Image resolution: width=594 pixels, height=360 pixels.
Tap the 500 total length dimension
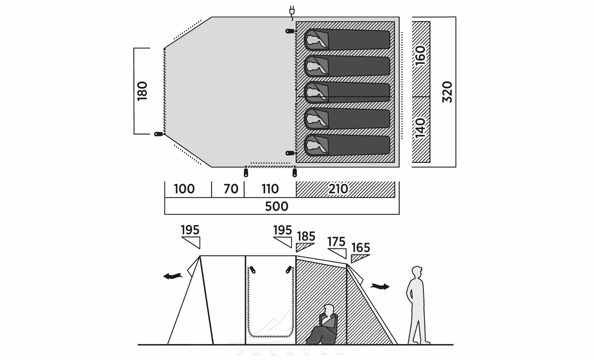276,206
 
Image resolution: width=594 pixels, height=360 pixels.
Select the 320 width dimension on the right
447,92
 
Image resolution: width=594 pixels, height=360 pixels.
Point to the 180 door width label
142,91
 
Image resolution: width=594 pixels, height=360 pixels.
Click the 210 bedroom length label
339,189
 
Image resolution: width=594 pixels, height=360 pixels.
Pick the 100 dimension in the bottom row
184,189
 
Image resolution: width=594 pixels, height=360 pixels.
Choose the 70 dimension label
231,189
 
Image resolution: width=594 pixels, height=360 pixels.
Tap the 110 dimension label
270,189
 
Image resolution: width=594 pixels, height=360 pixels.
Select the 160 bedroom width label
420,55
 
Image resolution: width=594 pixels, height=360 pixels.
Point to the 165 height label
361,248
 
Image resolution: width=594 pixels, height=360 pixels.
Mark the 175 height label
336,242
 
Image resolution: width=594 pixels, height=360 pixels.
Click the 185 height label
306,236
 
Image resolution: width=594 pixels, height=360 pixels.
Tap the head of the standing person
417,272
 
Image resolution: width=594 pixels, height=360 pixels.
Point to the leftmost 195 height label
190,230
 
